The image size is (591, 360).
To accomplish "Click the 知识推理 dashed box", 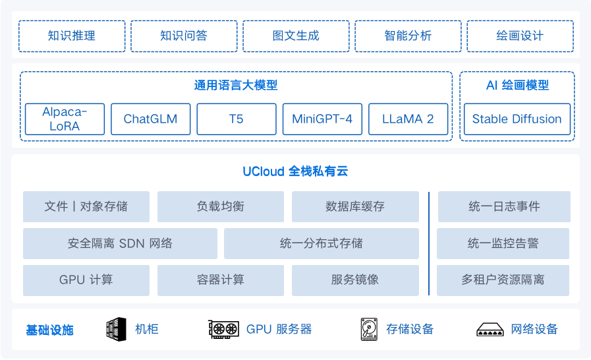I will (72, 36).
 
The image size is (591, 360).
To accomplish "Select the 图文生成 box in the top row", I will (296, 36).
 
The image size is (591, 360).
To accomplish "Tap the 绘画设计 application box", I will (520, 36).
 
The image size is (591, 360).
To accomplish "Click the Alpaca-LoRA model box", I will (65, 119).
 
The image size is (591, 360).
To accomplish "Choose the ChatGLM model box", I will (150, 119).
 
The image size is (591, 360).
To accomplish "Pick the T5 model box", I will (236, 119).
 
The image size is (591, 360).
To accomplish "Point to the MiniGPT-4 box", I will (322, 119).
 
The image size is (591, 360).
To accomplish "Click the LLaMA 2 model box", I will (408, 119).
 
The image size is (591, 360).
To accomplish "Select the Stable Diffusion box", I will (517, 119).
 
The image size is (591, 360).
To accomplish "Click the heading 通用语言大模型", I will (236, 85).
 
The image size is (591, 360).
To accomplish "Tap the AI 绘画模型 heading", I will (517, 85).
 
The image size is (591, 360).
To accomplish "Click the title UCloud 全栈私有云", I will (295, 172).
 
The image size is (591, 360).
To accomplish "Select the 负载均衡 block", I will (221, 206).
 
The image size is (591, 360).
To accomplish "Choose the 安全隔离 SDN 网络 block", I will (120, 243).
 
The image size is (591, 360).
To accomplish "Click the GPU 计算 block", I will (86, 280).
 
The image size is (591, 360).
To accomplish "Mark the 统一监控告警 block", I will (503, 243).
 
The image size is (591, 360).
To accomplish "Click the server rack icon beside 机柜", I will (116, 329).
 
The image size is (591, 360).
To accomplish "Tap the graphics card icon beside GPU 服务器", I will (223, 329).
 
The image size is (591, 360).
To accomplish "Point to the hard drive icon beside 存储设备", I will (368, 329).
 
